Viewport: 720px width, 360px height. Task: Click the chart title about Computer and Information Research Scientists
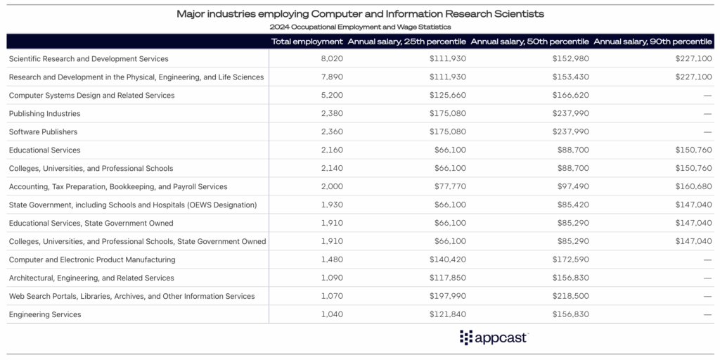pos(360,13)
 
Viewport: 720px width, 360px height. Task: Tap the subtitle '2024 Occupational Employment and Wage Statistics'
pos(360,27)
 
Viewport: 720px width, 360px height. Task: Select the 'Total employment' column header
pos(307,41)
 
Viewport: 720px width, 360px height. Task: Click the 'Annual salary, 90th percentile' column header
pos(653,41)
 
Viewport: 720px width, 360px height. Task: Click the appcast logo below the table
pos(494,337)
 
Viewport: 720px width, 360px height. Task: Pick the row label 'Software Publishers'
pos(43,132)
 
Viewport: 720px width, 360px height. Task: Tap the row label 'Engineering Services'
pos(45,315)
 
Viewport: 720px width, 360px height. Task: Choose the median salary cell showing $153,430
pos(570,77)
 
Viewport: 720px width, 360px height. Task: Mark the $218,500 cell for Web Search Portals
pos(570,297)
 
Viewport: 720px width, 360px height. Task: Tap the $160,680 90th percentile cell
pos(693,187)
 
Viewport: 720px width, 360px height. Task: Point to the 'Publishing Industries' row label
pos(44,114)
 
